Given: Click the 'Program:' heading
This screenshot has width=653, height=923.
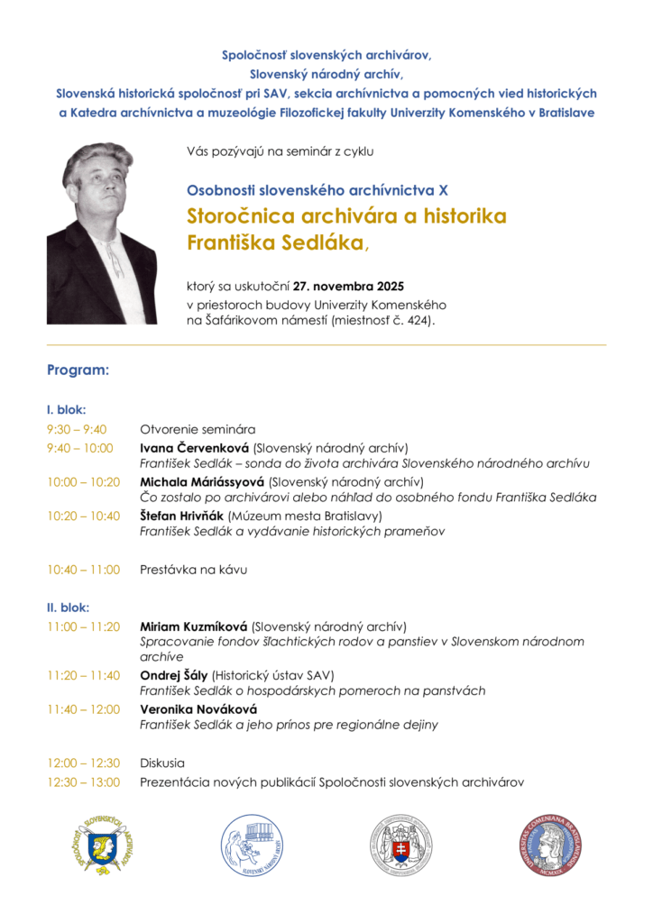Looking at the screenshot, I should click(x=78, y=370).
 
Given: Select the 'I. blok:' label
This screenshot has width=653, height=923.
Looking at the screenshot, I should click(x=66, y=409).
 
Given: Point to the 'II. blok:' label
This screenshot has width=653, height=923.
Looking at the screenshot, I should click(x=68, y=607).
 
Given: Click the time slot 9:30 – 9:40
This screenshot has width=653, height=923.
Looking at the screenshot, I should click(x=77, y=429).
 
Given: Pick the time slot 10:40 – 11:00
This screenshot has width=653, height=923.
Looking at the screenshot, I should click(x=84, y=569).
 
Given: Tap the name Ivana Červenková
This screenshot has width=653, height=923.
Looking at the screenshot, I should click(x=194, y=448).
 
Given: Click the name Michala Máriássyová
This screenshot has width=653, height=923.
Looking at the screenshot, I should click(x=202, y=482).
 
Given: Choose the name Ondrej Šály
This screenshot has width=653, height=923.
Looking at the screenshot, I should click(x=174, y=675).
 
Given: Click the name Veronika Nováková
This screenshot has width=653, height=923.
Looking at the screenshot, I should click(x=192, y=709).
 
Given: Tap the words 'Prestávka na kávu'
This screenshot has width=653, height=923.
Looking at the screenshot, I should click(x=193, y=569).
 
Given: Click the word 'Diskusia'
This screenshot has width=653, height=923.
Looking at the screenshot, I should click(x=162, y=763).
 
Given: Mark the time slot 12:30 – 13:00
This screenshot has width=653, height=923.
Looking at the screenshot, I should click(x=84, y=782).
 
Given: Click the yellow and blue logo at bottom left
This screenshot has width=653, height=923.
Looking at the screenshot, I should click(x=103, y=845).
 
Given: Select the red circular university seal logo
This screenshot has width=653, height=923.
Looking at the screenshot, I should click(x=549, y=845).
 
